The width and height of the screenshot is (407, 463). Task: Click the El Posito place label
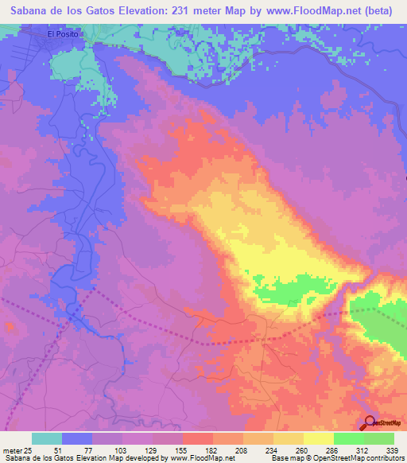click(x=63, y=34)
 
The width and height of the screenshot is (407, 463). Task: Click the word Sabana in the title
click(x=31, y=11)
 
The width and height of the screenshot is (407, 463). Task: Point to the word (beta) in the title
click(x=382, y=11)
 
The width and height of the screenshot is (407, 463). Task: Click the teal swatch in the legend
click(x=47, y=438)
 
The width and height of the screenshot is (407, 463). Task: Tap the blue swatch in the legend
click(x=77, y=438)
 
